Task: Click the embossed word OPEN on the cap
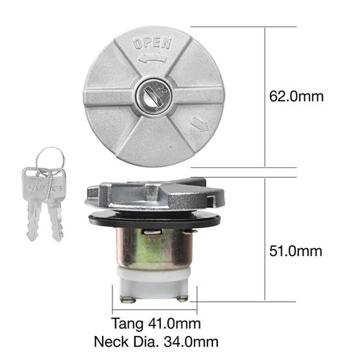pyautogui.click(x=153, y=44)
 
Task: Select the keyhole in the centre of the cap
pyautogui.click(x=152, y=94)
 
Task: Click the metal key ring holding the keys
pyautogui.click(x=49, y=158)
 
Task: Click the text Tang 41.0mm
pyautogui.click(x=156, y=324)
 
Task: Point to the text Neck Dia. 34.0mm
pyautogui.click(x=156, y=342)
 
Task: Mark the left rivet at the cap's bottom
pyautogui.click(x=127, y=300)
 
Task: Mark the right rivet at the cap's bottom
pyautogui.click(x=183, y=299)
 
